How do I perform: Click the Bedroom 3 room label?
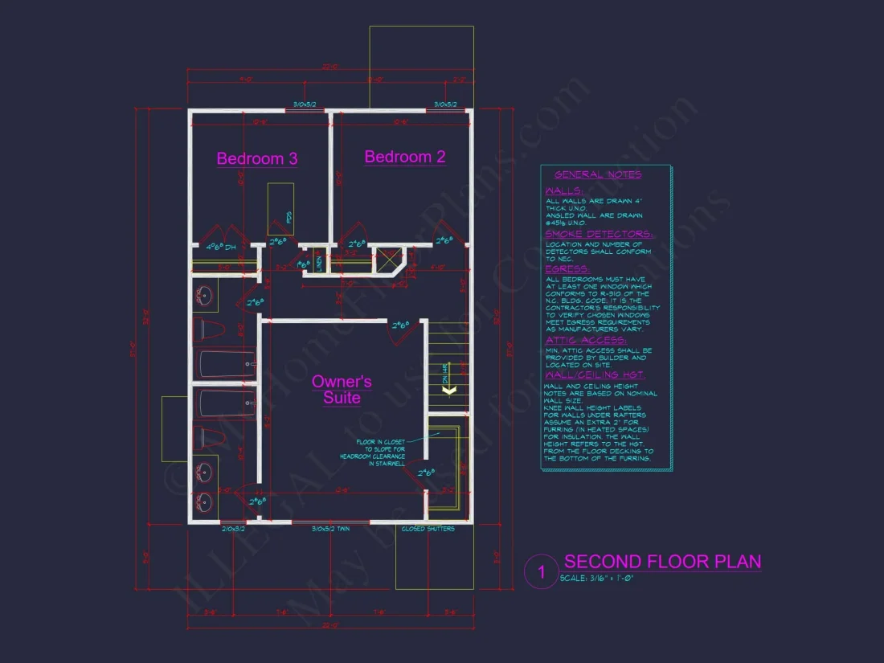click(257, 158)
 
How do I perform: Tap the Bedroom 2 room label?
click(405, 157)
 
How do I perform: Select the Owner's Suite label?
click(342, 389)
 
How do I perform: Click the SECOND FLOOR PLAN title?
click(662, 561)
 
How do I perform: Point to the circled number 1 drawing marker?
click(541, 572)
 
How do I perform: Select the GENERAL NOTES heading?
click(598, 174)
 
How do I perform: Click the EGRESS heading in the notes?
click(567, 269)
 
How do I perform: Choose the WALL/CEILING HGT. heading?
click(594, 375)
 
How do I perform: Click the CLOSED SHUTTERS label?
click(428, 529)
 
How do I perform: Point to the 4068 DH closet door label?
click(219, 247)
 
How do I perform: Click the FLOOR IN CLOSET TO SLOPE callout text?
click(382, 452)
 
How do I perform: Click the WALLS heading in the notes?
click(564, 191)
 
